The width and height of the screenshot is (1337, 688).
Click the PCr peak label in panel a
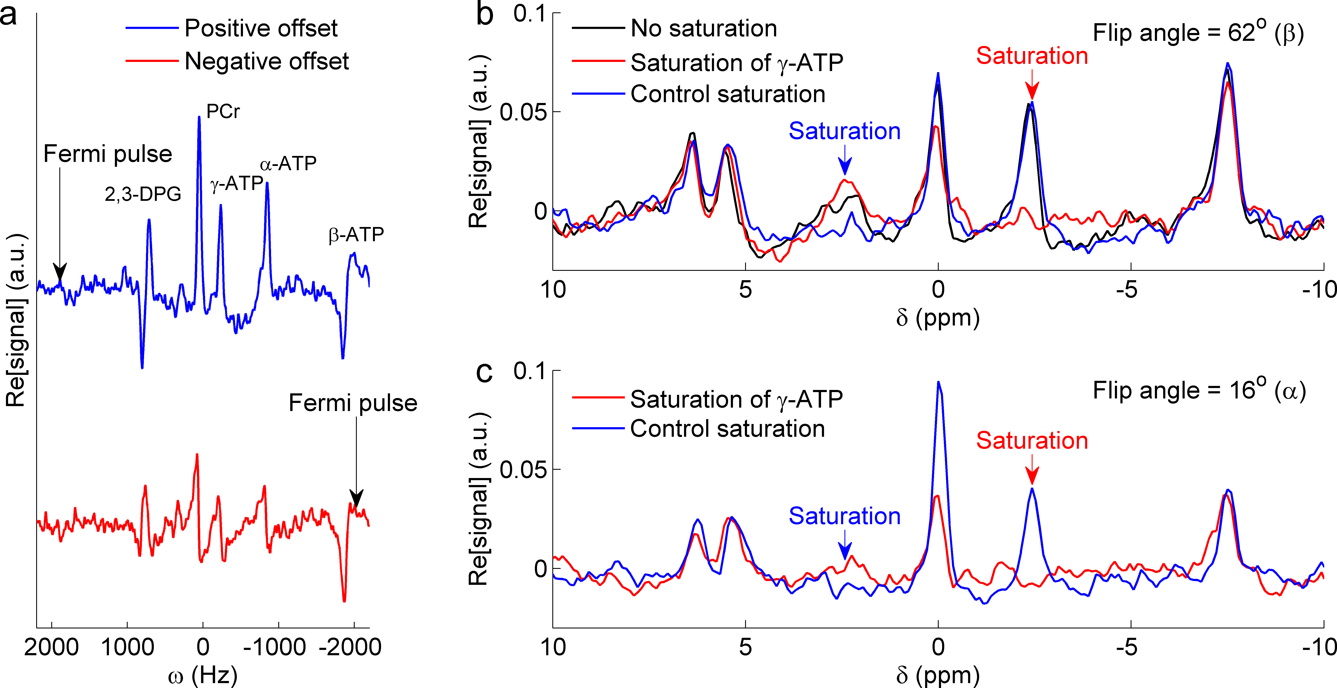223,111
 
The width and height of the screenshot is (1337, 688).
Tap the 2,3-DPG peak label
143,194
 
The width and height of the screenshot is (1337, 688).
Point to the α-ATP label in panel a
288,164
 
